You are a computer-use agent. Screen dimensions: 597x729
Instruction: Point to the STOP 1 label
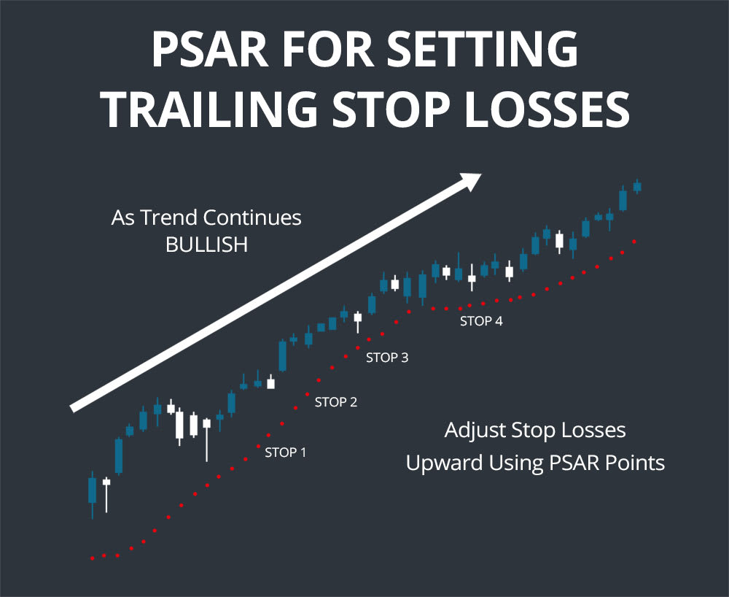[285, 452]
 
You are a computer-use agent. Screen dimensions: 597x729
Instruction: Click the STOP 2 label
[335, 401]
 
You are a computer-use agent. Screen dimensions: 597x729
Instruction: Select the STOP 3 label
[386, 358]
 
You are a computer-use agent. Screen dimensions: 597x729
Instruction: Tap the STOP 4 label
[481, 320]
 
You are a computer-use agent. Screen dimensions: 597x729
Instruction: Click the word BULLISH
[206, 244]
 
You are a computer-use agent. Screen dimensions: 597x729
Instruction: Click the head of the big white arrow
[470, 180]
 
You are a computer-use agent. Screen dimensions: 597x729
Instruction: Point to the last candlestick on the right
[636, 187]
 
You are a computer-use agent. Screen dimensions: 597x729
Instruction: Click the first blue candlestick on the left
[92, 490]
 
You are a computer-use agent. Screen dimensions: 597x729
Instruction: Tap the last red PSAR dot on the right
[635, 242]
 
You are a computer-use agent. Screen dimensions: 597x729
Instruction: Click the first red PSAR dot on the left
[93, 558]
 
